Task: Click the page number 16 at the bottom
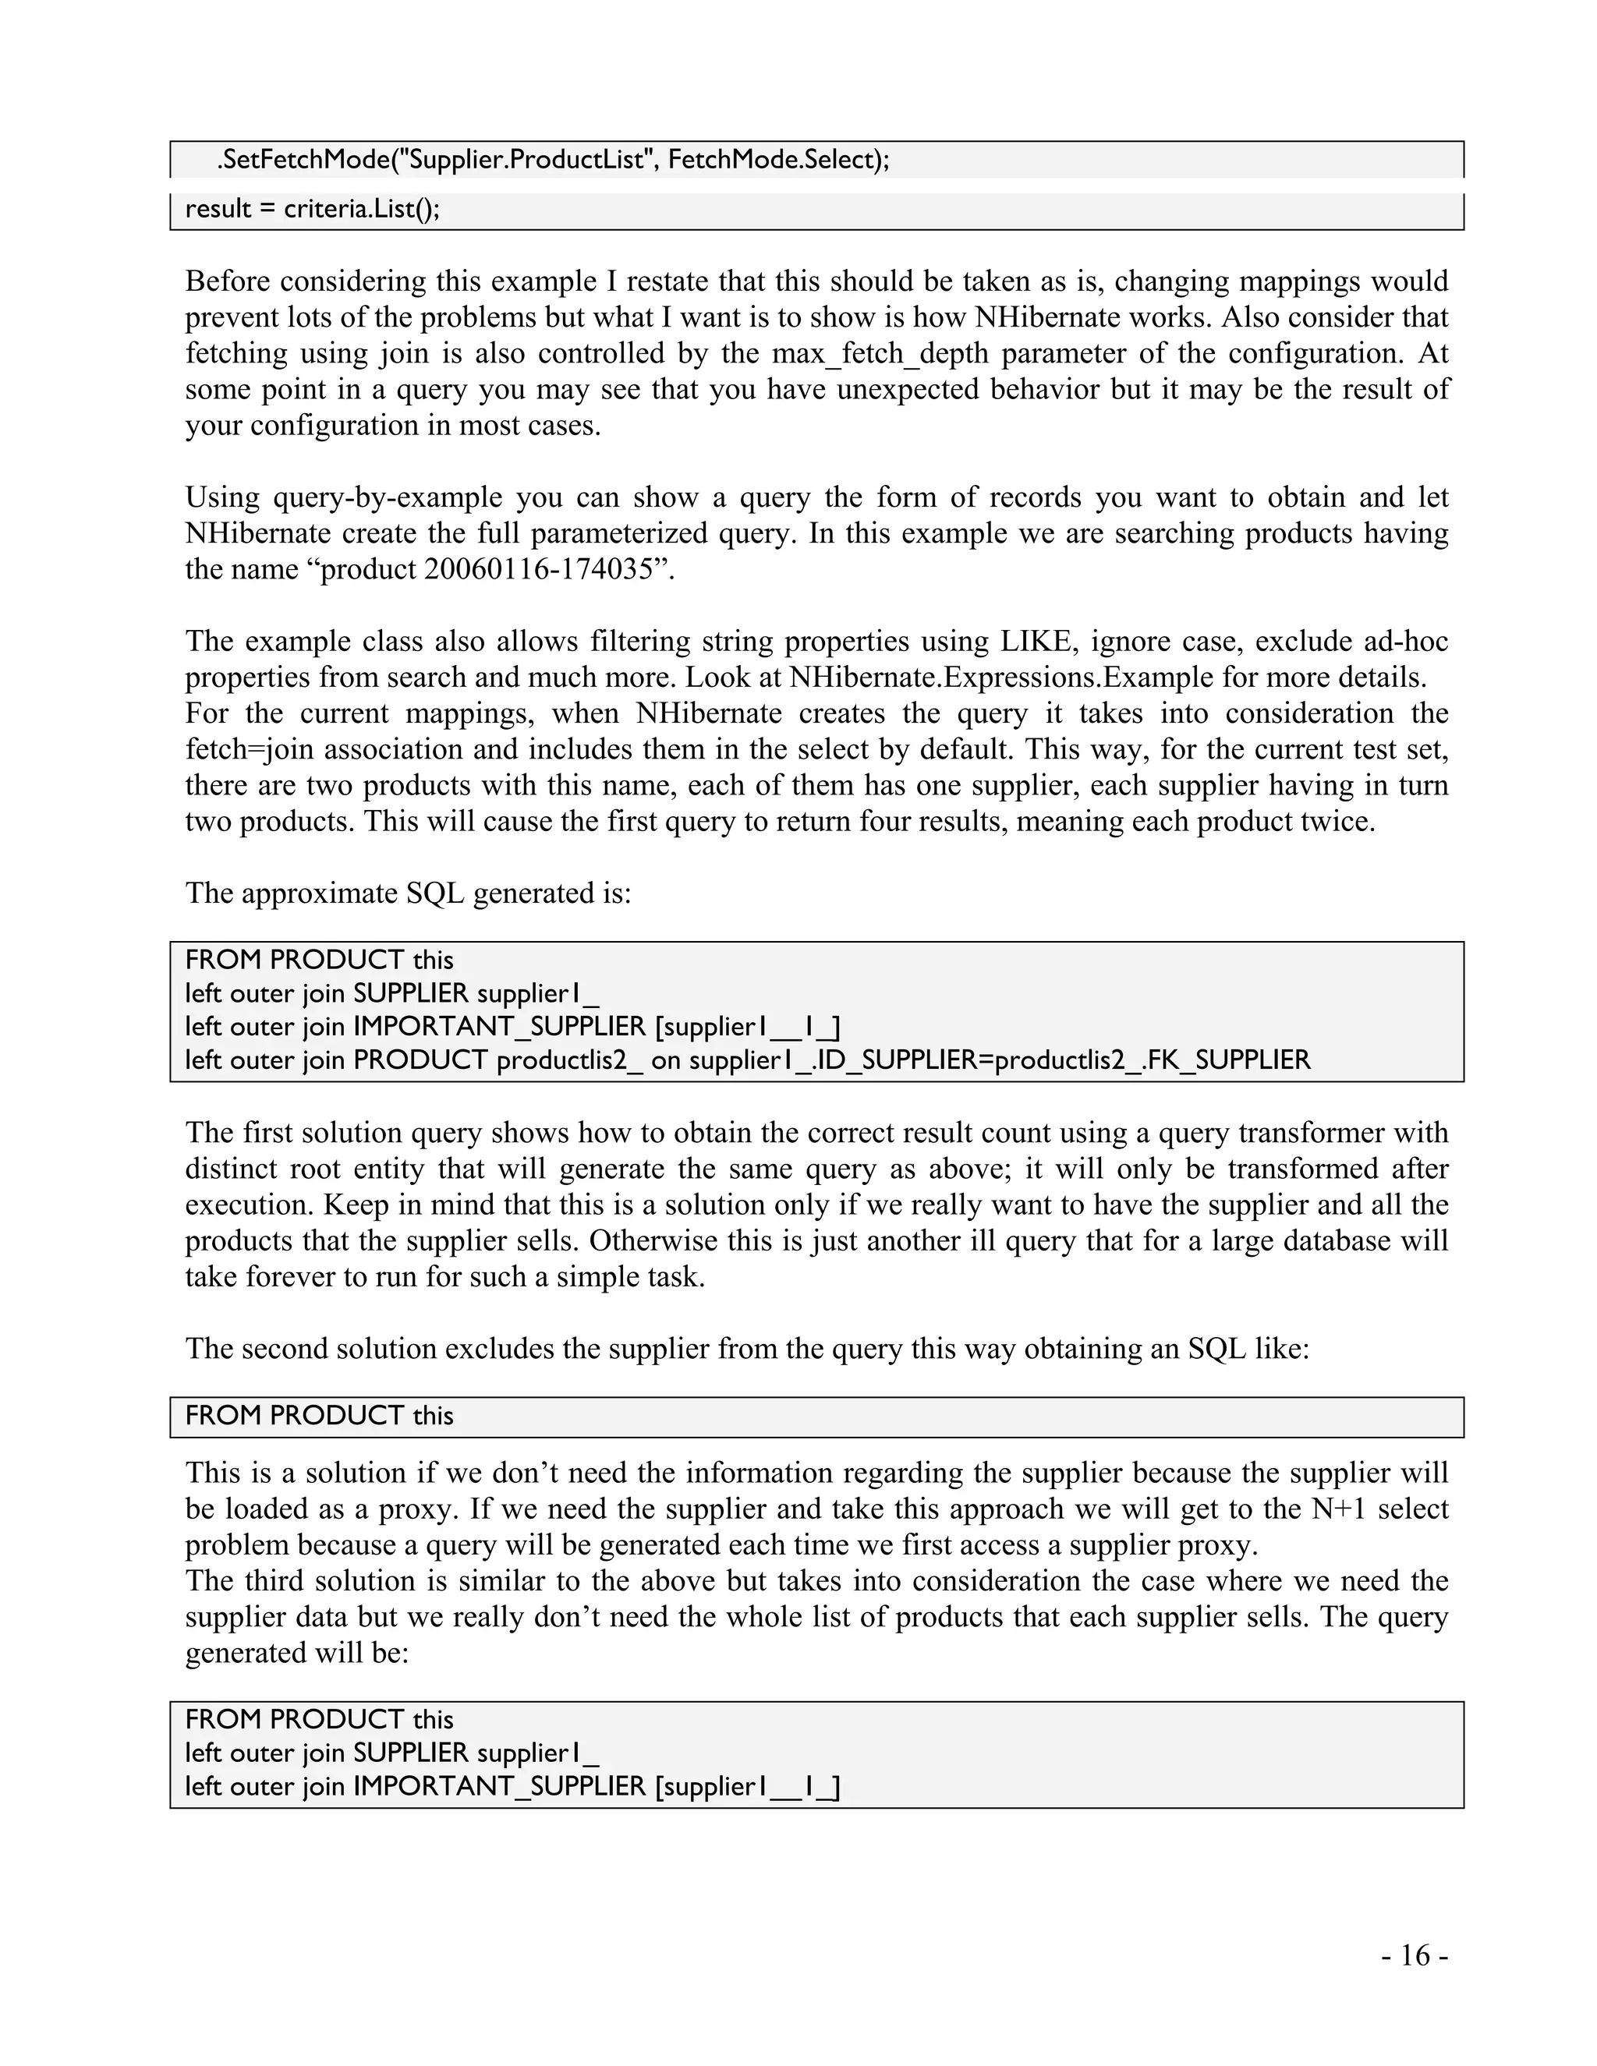tap(1415, 1955)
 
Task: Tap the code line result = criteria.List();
tap(312, 209)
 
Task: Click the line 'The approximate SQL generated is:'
tap(408, 893)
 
